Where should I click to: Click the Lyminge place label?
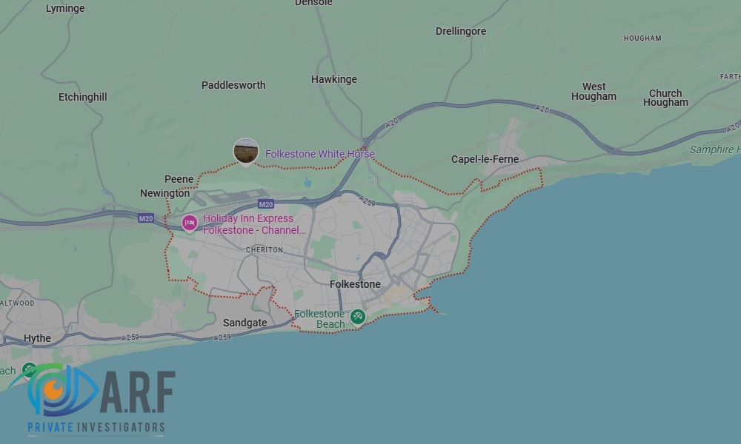65,9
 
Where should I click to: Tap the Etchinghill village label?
83,97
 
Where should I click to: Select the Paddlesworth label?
233,85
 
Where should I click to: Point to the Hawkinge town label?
334,79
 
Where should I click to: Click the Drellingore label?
461,31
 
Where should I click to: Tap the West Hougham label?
594,92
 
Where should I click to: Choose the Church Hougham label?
665,98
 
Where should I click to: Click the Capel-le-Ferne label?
485,159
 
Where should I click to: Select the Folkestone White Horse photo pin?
246,152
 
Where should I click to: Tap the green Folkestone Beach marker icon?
358,317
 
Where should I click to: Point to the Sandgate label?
245,323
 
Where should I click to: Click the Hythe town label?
38,338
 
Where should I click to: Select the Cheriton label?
265,250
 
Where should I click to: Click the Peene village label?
179,179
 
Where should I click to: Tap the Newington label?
165,193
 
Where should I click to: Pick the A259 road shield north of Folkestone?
367,200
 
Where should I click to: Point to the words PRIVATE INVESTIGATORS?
96,428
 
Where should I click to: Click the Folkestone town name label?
355,284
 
